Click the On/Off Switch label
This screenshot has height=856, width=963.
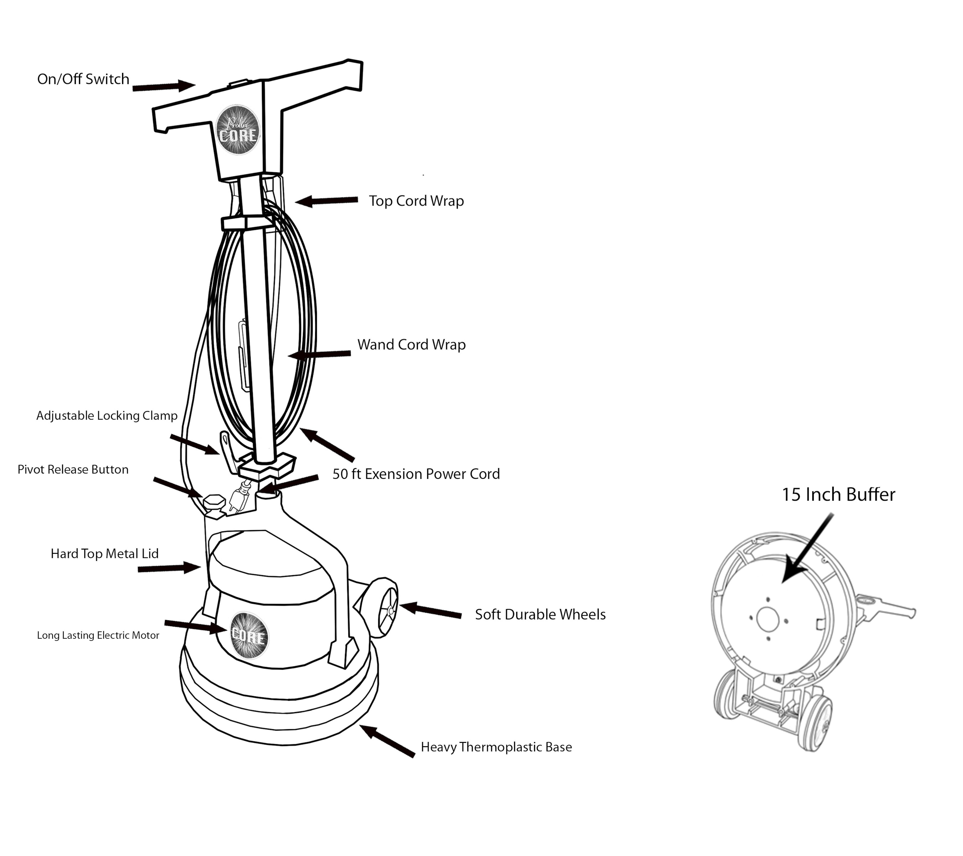tap(83, 79)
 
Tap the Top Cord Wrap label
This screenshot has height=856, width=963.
tap(416, 201)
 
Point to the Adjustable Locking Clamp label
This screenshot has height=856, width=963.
tap(107, 415)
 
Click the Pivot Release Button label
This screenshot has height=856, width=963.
tap(73, 470)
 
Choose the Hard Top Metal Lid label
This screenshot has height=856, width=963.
tap(104, 554)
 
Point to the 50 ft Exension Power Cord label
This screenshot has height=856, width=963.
tap(416, 474)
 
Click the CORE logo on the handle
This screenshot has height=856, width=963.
tap(237, 130)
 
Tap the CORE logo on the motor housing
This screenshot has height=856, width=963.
tap(249, 635)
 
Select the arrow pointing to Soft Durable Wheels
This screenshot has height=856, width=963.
tap(430, 610)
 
